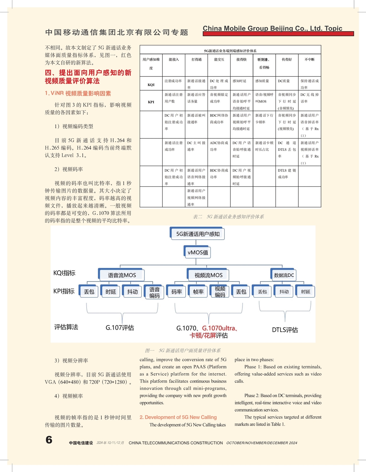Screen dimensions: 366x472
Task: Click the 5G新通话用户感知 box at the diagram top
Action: pos(197,234)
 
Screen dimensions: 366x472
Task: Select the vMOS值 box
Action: pos(198,252)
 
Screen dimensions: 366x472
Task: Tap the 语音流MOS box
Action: pos(122,275)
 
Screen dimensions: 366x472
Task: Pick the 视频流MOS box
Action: pos(208,275)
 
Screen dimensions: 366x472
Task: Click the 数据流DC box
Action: pos(284,275)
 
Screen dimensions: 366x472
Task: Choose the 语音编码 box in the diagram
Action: pos(154,292)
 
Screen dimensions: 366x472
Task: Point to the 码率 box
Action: pos(177,292)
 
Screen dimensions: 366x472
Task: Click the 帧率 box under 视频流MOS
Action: pos(198,292)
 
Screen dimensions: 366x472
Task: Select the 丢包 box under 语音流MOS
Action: pos(89,292)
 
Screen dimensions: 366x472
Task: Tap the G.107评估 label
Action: pos(120,328)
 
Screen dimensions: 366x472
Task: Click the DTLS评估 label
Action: pos(285,330)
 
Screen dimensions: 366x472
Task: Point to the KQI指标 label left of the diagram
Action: pos(65,273)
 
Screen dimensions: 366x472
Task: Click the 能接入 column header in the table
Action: pos(174,59)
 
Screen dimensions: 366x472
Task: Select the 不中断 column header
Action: pos(309,59)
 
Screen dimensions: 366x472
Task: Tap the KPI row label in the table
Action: pos(151,102)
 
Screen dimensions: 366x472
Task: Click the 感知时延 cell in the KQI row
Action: pos(239,81)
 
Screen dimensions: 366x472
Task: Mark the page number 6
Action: pos(49,440)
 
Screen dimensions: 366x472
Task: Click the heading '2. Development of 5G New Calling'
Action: pos(178,417)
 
